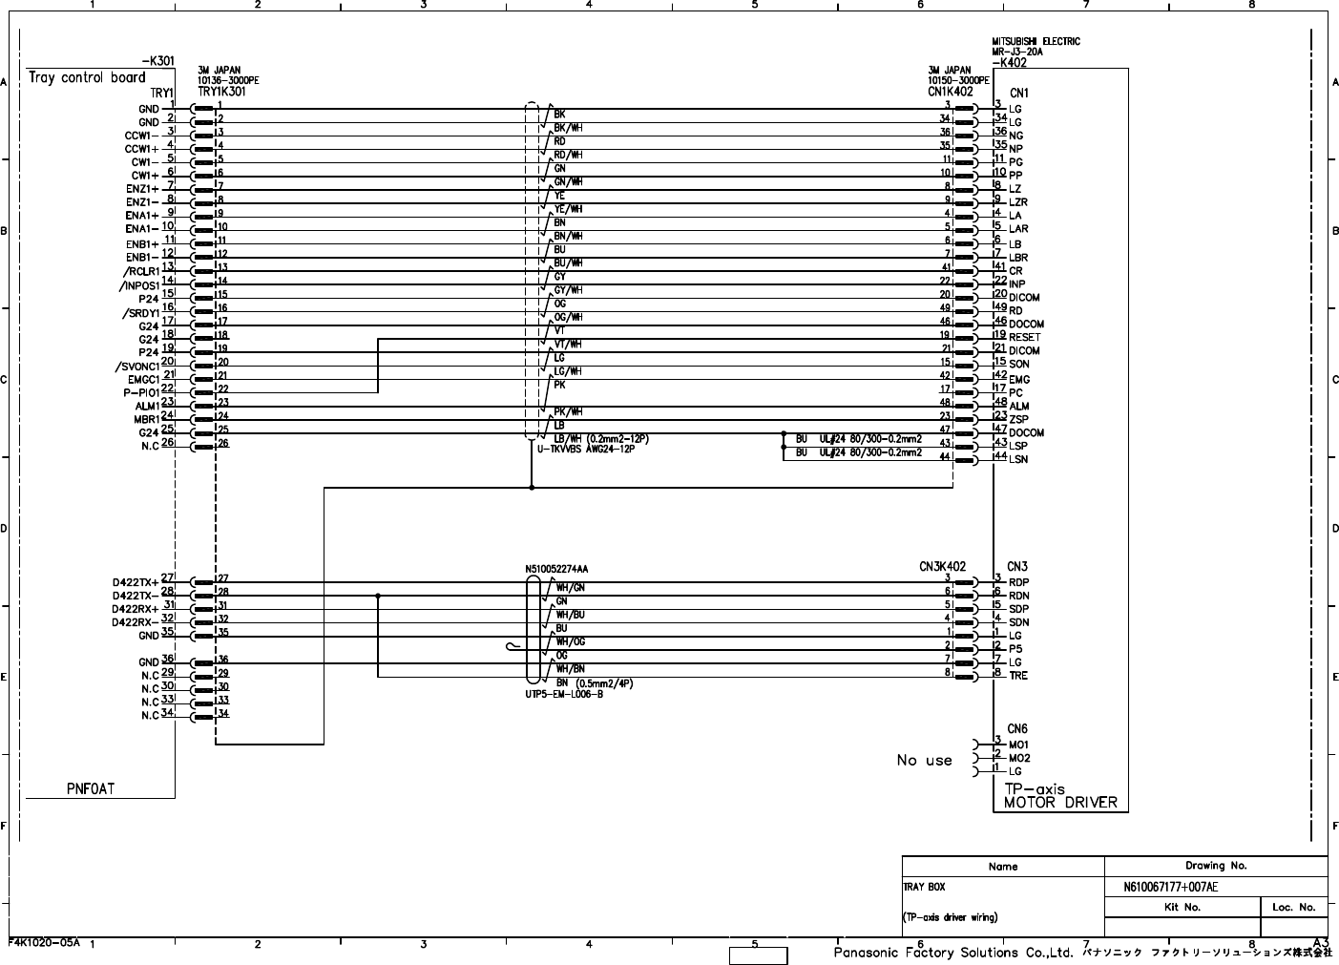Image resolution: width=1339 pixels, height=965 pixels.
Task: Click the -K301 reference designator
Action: (152, 61)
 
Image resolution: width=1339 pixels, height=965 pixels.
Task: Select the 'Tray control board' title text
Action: (87, 77)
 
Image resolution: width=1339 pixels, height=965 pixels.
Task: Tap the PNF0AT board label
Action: (91, 788)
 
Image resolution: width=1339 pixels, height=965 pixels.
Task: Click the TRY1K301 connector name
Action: (221, 93)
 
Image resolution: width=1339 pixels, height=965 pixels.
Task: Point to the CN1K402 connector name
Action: (950, 93)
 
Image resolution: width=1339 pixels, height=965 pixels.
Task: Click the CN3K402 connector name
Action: (942, 566)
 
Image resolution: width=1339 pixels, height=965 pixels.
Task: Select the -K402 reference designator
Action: (1009, 63)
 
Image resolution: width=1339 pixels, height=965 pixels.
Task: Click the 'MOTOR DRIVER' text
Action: (1059, 803)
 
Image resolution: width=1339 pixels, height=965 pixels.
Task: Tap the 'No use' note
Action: (924, 760)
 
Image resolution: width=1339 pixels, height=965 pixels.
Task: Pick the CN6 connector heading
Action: (1016, 729)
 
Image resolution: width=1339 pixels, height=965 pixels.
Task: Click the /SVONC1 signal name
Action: (135, 367)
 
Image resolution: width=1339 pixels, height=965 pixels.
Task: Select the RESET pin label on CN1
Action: (1024, 337)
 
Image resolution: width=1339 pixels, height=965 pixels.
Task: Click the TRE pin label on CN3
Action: (1017, 676)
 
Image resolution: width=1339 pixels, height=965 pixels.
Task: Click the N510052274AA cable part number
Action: (555, 569)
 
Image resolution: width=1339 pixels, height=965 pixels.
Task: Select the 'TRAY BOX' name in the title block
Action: (924, 887)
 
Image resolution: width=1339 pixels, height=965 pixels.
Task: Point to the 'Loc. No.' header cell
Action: (1293, 907)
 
